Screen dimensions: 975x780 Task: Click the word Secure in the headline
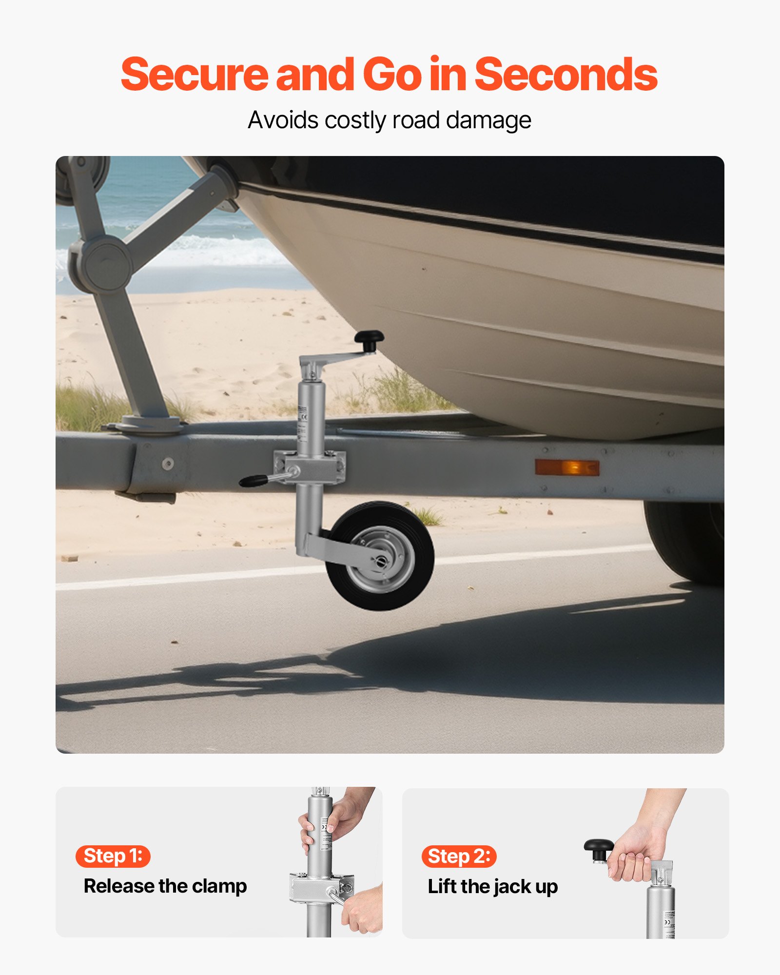click(x=194, y=75)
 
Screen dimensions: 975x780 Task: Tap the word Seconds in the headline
click(x=565, y=75)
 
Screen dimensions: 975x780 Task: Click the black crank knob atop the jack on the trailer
click(x=369, y=337)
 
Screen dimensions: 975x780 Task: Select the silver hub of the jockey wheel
click(x=382, y=559)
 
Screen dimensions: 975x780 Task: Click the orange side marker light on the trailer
click(x=567, y=467)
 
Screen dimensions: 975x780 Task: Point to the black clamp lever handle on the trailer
click(x=253, y=481)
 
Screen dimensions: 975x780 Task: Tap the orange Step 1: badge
click(x=113, y=856)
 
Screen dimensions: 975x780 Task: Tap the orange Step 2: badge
click(x=459, y=857)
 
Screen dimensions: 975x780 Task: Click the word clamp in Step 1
click(x=219, y=886)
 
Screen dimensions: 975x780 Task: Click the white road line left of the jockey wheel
click(x=185, y=578)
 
